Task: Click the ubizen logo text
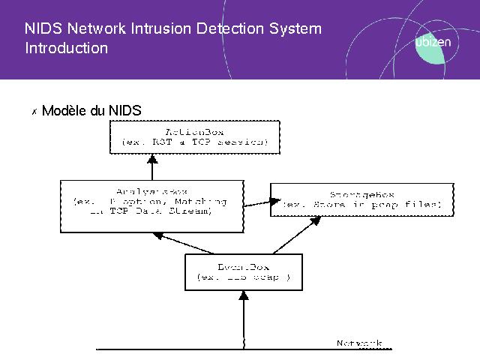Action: tap(433, 43)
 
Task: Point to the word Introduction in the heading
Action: tap(66, 48)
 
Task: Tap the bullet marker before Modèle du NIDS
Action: tap(34, 112)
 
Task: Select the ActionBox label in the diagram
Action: tap(193, 130)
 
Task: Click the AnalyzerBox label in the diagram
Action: tap(150, 191)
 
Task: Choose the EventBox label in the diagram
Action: tap(242, 266)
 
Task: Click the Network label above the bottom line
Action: tap(359, 343)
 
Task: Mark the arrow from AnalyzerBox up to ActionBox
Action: tap(152, 166)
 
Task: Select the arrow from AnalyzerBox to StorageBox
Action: tap(256, 200)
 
